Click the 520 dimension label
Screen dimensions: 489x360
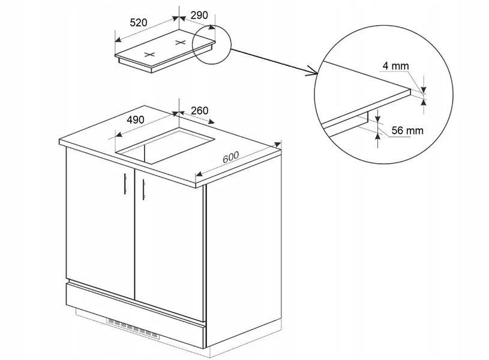(138, 23)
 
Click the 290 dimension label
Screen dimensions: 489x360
(199, 15)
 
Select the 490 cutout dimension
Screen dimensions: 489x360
(136, 119)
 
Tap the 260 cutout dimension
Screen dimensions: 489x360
(199, 110)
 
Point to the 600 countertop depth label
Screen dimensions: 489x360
(231, 157)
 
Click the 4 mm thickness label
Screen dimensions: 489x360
(395, 66)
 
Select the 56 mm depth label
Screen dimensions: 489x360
(407, 130)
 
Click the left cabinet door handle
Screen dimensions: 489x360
(125, 184)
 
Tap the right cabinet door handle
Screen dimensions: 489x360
(143, 190)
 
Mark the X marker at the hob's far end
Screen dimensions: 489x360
(180, 43)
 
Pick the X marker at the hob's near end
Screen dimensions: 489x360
(149, 55)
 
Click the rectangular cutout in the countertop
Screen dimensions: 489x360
(165, 145)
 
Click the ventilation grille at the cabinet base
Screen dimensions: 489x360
(133, 328)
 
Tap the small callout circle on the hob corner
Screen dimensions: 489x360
(212, 44)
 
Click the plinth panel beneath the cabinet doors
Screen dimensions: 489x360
(136, 315)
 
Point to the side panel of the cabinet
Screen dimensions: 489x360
(243, 247)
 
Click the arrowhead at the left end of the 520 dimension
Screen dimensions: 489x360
(118, 40)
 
